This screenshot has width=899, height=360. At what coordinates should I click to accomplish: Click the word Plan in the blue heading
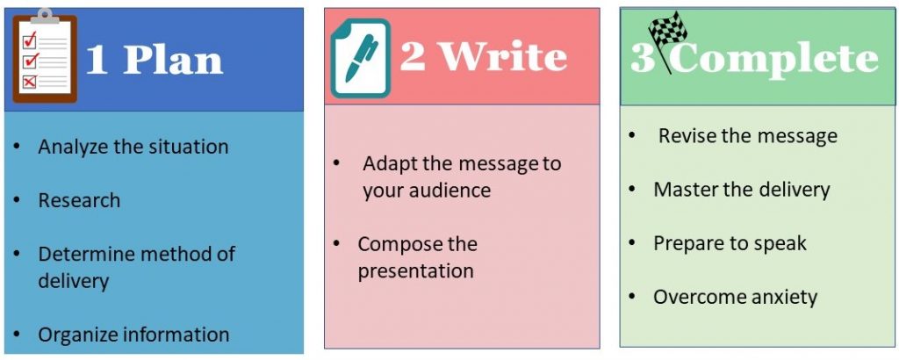tap(173, 60)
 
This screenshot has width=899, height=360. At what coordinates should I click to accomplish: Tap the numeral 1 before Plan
tap(97, 61)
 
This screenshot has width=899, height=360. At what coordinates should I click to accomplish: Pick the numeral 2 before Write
tap(413, 56)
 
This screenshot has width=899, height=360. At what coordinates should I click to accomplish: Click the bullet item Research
tap(79, 200)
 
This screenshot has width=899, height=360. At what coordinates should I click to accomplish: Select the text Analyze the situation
tap(133, 147)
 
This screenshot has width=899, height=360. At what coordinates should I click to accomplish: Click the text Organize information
tap(133, 335)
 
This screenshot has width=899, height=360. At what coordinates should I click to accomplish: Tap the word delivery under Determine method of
tap(73, 282)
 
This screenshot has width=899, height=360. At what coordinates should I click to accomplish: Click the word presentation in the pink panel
tap(415, 271)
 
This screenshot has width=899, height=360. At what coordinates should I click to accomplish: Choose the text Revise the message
tap(748, 136)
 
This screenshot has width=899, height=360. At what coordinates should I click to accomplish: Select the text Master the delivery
tap(741, 190)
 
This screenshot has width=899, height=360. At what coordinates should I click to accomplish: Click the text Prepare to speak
tap(730, 243)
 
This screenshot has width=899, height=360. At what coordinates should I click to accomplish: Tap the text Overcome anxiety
tap(735, 297)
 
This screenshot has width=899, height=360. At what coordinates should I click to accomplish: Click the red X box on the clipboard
tap(29, 82)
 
